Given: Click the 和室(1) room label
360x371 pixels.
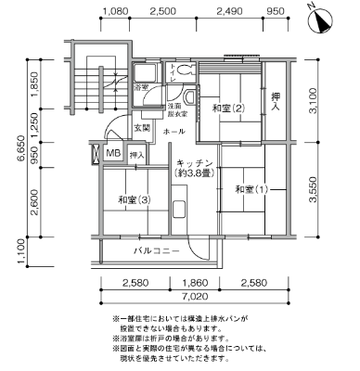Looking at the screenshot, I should (x=250, y=189).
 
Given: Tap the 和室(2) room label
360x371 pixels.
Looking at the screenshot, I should (x=227, y=109).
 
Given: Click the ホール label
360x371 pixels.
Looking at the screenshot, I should (x=173, y=133).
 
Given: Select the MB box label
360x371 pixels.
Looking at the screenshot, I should (x=112, y=153).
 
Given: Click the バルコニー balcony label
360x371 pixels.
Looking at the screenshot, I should (x=155, y=250).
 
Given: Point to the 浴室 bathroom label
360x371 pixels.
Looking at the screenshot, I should (x=142, y=87).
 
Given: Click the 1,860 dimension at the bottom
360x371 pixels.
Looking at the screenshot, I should (x=194, y=282).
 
